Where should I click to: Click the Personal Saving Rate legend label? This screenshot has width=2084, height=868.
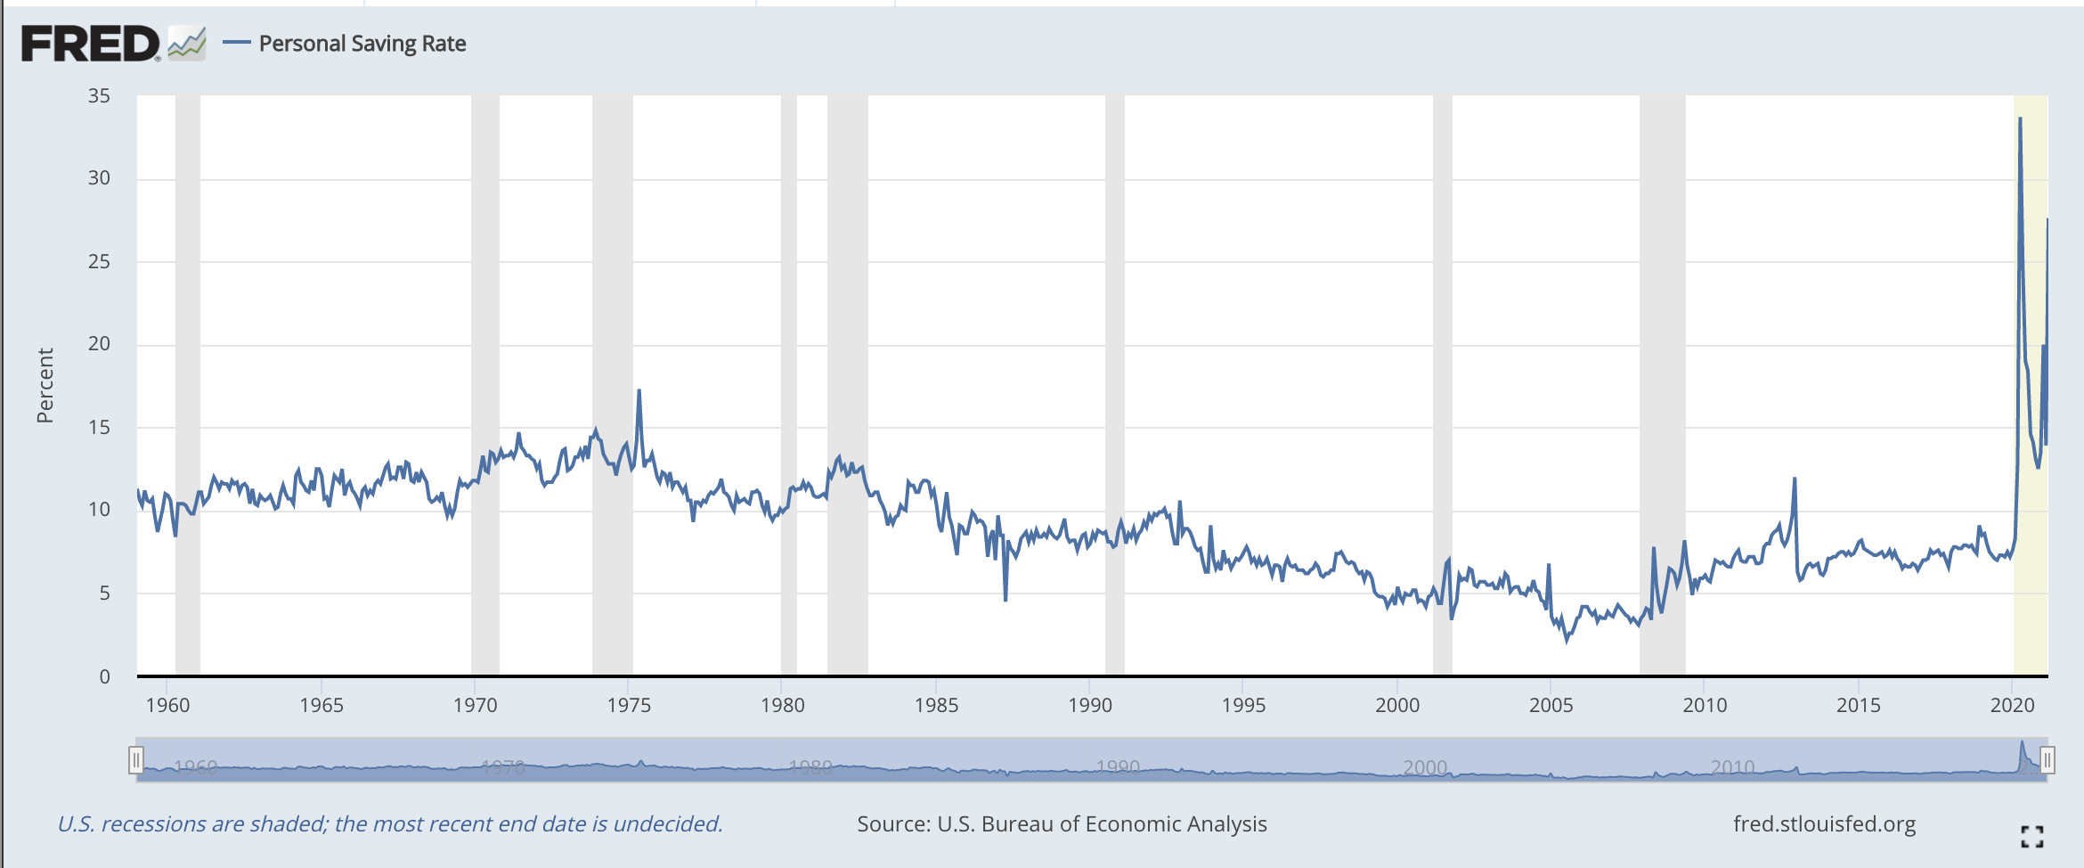pyautogui.click(x=362, y=44)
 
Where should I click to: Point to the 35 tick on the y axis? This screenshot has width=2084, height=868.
pyautogui.click(x=99, y=96)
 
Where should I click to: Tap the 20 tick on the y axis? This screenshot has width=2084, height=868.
pyautogui.click(x=99, y=344)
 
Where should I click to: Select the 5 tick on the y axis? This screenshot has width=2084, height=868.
pyautogui.click(x=104, y=593)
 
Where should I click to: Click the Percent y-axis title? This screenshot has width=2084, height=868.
pyautogui.click(x=45, y=385)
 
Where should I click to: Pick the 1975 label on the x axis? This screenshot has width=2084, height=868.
pyautogui.click(x=629, y=705)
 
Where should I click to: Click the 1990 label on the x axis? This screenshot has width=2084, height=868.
pyautogui.click(x=1090, y=705)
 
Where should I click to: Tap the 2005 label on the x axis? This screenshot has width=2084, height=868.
pyautogui.click(x=1551, y=705)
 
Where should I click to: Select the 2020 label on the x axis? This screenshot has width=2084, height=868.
pyautogui.click(x=2012, y=705)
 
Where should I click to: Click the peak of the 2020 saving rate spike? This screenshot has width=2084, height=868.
pyautogui.click(x=2020, y=119)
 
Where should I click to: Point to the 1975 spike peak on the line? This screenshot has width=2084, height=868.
pyautogui.click(x=639, y=390)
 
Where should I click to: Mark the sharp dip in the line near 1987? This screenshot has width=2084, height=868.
pyautogui.click(x=1005, y=600)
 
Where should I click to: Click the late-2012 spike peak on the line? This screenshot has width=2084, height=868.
pyautogui.click(x=1795, y=479)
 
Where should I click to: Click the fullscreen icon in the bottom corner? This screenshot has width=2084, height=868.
pyautogui.click(x=2032, y=836)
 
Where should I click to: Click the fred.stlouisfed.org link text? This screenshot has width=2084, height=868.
pyautogui.click(x=1824, y=824)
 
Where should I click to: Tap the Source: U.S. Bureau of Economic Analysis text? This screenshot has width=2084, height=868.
pyautogui.click(x=1062, y=824)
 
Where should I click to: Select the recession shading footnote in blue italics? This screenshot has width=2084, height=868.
pyautogui.click(x=390, y=824)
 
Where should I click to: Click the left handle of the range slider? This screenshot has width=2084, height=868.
pyautogui.click(x=135, y=760)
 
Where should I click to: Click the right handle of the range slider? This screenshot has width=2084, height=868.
pyautogui.click(x=2047, y=760)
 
